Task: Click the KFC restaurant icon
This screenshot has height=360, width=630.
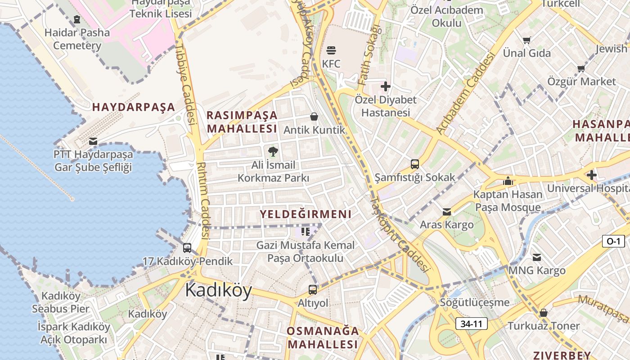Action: point(331,50)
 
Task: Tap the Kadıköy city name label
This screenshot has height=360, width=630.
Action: point(218,290)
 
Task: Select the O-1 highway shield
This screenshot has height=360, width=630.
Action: point(613,241)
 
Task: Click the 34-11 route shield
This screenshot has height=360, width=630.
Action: point(471,323)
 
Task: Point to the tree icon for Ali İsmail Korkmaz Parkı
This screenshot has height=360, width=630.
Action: point(273,151)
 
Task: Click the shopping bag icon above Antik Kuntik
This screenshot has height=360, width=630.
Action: point(314,117)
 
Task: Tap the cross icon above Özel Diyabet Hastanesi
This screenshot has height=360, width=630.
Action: point(386,86)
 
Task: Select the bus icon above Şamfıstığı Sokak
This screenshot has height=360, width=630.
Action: point(415,164)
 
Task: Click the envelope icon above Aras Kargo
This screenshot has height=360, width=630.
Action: point(446,211)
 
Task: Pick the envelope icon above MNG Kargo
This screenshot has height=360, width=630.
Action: point(537,257)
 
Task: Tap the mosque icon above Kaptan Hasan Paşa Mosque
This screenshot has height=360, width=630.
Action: point(508,181)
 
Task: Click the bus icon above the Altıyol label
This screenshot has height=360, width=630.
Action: point(313,290)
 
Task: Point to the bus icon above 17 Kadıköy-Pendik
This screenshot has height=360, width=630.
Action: point(187,248)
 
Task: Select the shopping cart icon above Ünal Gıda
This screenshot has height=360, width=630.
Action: point(526,40)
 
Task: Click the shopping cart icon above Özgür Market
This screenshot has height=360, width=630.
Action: point(581,68)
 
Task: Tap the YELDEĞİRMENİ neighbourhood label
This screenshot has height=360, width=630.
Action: point(306,214)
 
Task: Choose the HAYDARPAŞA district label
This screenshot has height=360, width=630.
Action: point(133,107)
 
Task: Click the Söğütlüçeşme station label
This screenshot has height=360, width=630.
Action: point(475,302)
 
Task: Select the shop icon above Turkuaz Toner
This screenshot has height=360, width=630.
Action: point(544,312)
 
